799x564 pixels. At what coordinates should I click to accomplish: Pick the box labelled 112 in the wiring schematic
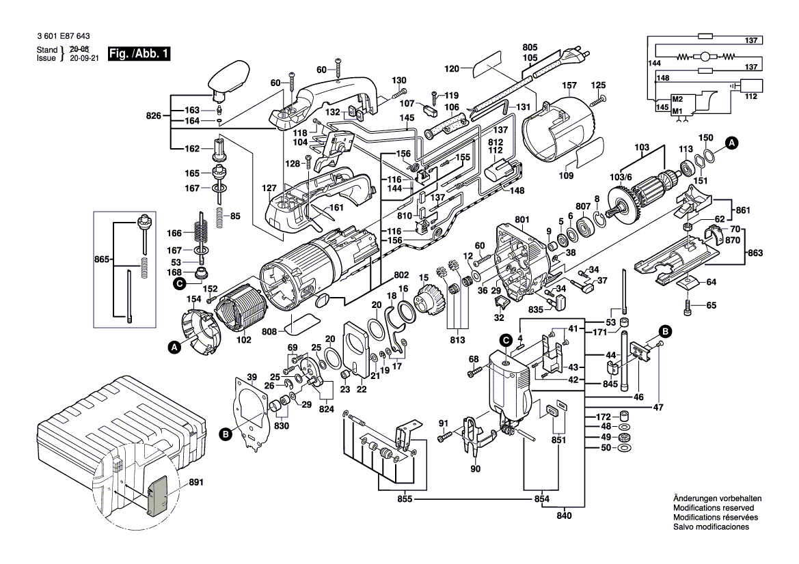pyautogui.click(x=752, y=85)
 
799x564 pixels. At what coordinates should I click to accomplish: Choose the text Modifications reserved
pyautogui.click(x=714, y=509)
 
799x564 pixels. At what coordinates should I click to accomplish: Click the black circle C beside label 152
pyautogui.click(x=180, y=283)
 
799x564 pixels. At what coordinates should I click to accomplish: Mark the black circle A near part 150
pyautogui.click(x=732, y=143)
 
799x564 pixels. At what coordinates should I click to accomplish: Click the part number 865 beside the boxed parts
pyautogui.click(x=103, y=261)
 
